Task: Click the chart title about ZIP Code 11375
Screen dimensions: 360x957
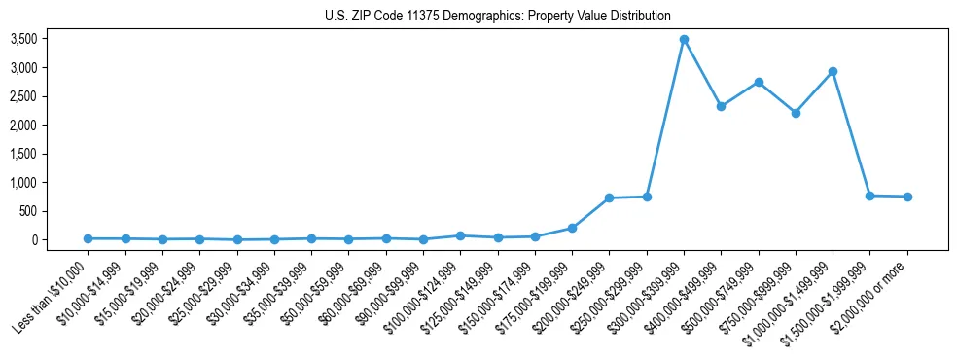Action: [x=498, y=16]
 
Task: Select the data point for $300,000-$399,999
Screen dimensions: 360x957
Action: [x=684, y=39]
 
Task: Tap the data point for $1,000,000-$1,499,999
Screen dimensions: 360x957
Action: [x=833, y=71]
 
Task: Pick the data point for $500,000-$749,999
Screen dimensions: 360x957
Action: [x=759, y=82]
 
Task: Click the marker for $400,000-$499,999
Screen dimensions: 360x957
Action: [x=721, y=106]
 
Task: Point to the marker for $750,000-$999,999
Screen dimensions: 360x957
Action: [x=796, y=113]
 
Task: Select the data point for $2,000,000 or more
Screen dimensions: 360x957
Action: [x=907, y=197]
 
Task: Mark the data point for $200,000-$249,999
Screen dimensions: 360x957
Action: [x=609, y=198]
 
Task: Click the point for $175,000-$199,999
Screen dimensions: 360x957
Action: [x=572, y=228]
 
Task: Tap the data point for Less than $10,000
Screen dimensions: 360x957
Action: [x=88, y=238]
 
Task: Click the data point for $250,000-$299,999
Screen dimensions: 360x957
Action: [x=647, y=197]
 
